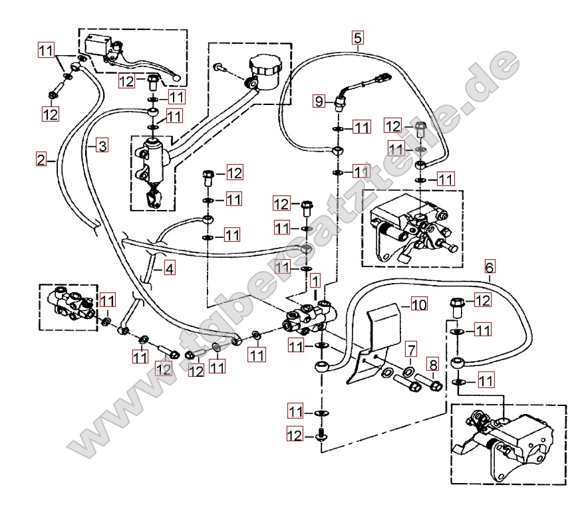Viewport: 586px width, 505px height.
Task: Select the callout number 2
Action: (x=41, y=159)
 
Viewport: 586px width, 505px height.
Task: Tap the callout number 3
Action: (x=100, y=146)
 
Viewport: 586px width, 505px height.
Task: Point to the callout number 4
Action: (x=170, y=269)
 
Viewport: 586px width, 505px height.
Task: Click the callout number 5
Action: (x=358, y=37)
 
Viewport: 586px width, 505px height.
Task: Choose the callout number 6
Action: (x=490, y=268)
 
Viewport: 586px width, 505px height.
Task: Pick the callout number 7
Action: (x=412, y=349)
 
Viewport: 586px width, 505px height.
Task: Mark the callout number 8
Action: (x=433, y=365)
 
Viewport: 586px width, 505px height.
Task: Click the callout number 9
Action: (x=319, y=101)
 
